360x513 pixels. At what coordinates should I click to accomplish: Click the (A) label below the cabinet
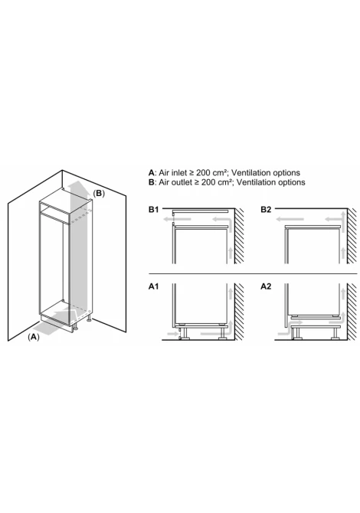click(34, 337)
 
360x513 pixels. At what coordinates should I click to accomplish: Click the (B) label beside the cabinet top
click(99, 194)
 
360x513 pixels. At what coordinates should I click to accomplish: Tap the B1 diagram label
click(153, 209)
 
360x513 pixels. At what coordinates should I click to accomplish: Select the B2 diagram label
click(266, 209)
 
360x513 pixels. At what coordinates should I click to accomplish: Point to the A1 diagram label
click(153, 286)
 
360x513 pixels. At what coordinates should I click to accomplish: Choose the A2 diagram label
click(266, 286)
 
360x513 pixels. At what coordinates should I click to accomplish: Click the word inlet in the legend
click(178, 173)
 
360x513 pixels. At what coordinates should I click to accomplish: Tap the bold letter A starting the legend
click(151, 173)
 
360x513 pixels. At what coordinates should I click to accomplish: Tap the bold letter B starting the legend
click(151, 182)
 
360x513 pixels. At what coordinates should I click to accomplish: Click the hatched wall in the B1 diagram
click(239, 236)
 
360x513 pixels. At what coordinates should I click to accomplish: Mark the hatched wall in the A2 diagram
click(352, 312)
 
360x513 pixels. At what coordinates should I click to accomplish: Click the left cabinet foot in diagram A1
click(185, 333)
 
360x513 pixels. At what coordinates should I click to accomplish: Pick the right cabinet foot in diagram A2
click(335, 333)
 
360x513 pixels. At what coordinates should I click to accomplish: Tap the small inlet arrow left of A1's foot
click(172, 334)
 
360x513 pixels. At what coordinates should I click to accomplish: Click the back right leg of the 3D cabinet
click(88, 318)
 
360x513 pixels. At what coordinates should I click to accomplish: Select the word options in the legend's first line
click(286, 173)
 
